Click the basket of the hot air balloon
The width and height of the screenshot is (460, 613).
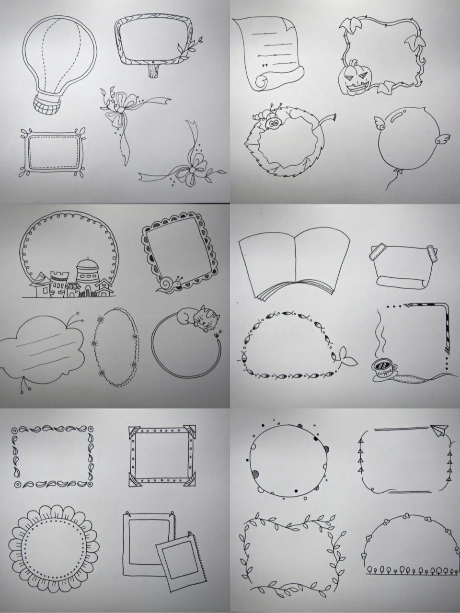click(x=46, y=105)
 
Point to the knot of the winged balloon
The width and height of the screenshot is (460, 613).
click(x=399, y=170)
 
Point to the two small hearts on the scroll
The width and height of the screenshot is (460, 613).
click(x=265, y=66)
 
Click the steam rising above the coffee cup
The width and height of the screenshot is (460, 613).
click(x=381, y=334)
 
